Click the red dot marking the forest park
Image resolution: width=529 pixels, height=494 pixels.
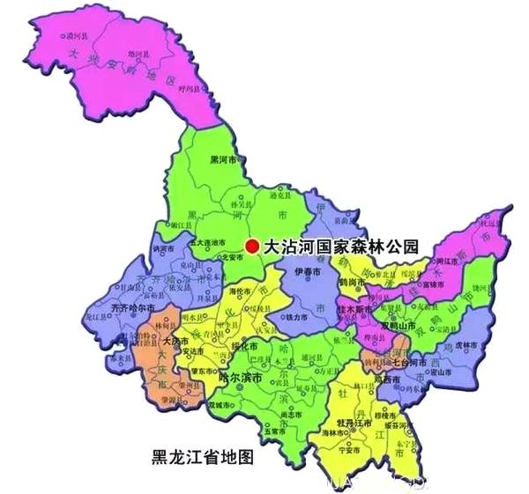[x=253, y=247]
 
